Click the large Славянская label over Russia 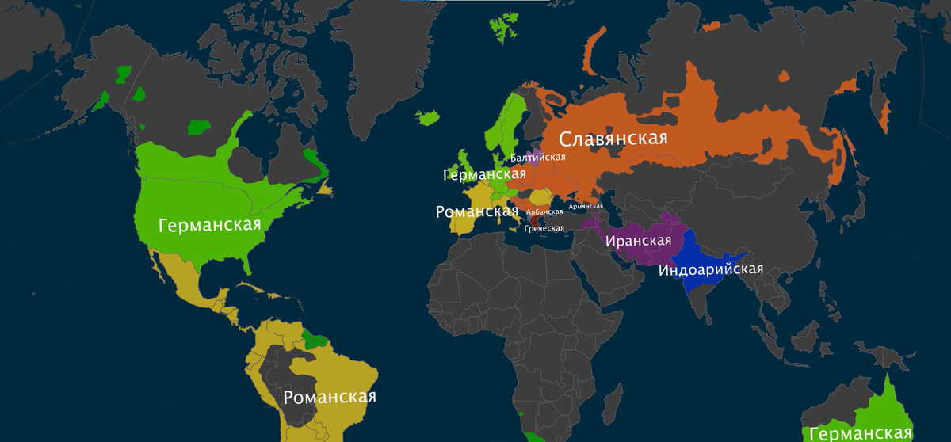[613, 139]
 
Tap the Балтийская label [538, 158]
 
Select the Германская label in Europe [474, 174]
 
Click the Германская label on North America [210, 225]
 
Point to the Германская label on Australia [861, 433]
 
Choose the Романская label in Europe [472, 211]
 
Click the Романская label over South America [329, 397]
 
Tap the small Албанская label [544, 212]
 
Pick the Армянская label [586, 206]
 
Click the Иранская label [638, 241]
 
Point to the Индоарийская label [711, 269]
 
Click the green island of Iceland [429, 118]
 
